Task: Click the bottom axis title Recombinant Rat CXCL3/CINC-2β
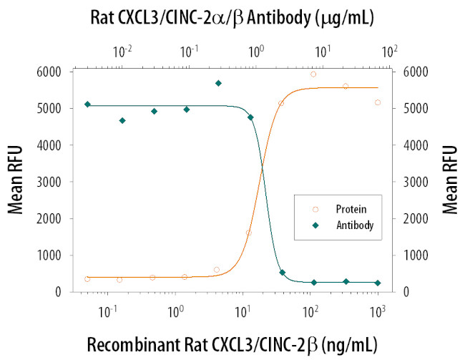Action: click(232, 344)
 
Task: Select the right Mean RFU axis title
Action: click(450, 180)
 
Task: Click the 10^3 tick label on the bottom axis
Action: click(378, 312)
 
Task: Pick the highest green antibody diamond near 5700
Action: click(218, 83)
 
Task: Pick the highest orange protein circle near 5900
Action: click(313, 74)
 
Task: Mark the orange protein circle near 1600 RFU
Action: click(249, 233)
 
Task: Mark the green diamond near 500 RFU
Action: click(282, 273)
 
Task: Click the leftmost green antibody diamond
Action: click(87, 104)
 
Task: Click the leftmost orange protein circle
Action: click(87, 278)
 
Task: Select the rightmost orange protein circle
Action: click(378, 102)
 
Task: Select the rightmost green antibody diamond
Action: click(378, 283)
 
